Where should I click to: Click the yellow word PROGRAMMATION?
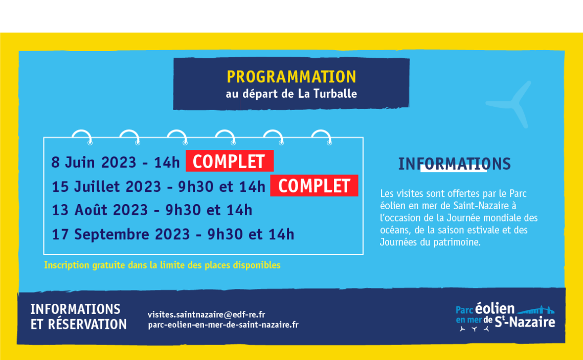tap(291, 77)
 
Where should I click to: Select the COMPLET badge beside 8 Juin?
tap(230, 161)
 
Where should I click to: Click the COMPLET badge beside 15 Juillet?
tap(314, 186)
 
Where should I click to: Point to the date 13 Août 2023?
tap(100, 210)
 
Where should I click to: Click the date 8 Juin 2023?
tap(94, 163)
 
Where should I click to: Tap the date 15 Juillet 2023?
tap(106, 186)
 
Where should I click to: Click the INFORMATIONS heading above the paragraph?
tap(454, 164)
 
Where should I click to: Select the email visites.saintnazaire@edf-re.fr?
tap(207, 314)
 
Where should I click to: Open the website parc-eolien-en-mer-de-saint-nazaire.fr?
tap(223, 325)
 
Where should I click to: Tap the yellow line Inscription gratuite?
tap(162, 265)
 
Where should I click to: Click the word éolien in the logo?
tap(495, 309)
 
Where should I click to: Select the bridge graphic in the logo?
tap(536, 310)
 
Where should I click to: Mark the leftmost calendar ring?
tap(82, 136)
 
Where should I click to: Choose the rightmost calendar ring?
tap(321, 136)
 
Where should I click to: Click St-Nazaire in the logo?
tap(525, 322)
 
